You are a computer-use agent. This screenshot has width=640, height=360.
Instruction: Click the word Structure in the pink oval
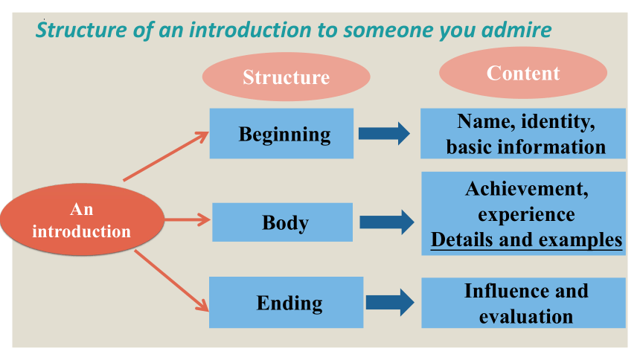(286, 77)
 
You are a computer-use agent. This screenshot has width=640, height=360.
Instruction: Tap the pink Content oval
(523, 73)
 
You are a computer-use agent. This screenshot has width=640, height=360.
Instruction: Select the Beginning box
(281, 133)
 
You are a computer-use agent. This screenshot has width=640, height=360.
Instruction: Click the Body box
(282, 222)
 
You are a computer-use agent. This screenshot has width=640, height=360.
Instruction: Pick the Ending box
(286, 303)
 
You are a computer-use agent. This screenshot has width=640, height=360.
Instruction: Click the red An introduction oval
(82, 219)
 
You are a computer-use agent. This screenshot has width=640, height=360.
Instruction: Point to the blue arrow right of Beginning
(384, 133)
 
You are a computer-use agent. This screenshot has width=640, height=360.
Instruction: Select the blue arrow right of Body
(386, 222)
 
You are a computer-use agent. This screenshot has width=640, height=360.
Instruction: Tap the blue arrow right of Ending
(390, 303)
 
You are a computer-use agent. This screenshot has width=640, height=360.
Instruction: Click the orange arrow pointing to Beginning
(166, 156)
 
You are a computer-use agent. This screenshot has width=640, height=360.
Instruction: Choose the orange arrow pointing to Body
(188, 219)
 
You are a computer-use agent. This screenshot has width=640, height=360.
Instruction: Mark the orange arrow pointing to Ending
(171, 281)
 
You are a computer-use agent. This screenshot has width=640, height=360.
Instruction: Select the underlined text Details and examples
(527, 240)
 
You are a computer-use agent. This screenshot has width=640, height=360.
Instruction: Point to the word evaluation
(526, 317)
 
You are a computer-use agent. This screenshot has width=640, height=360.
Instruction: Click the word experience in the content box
(527, 215)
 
